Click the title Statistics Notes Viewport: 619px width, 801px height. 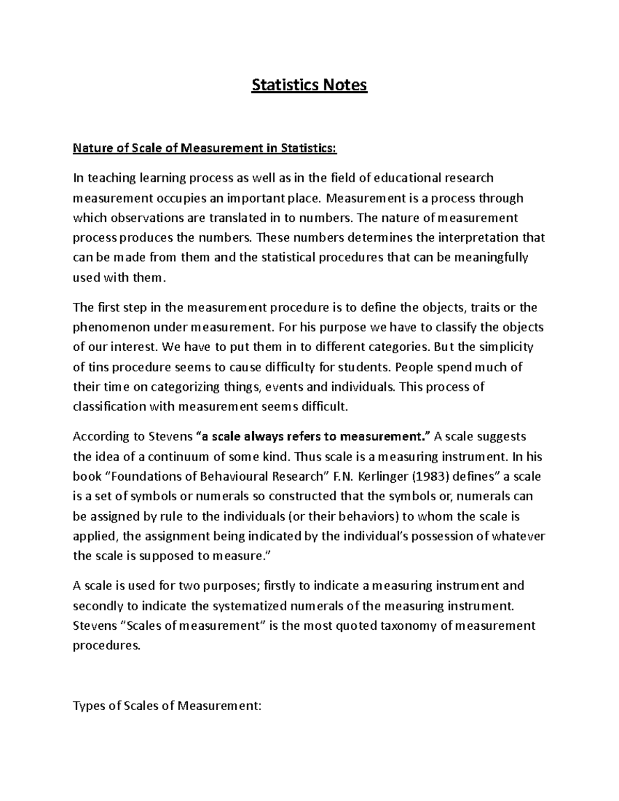[x=309, y=85]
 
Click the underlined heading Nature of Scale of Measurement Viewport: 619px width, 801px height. [x=204, y=149]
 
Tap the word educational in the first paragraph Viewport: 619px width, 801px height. [x=408, y=178]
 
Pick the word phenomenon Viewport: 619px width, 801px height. [x=104, y=327]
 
